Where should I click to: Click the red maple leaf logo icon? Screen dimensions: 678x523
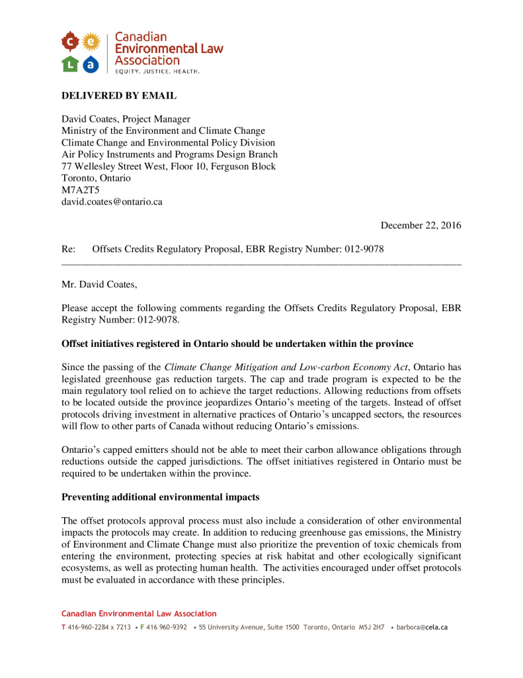tap(69, 42)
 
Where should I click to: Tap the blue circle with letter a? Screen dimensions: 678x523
tap(91, 64)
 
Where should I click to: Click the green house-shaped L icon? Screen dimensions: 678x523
tap(69, 64)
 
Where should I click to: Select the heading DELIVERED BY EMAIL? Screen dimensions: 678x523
tap(119, 96)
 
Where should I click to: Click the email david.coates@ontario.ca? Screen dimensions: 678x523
tap(112, 202)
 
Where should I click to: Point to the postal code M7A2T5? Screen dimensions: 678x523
tap(81, 190)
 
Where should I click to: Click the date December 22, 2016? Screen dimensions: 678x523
tap(421, 226)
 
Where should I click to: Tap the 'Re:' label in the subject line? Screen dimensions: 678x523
tap(68, 250)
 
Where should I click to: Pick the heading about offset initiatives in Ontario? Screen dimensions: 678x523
tap(237, 344)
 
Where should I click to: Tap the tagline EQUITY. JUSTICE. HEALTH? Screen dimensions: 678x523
tap(157, 71)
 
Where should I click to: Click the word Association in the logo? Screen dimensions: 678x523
tap(147, 60)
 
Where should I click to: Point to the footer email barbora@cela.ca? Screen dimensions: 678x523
tap(422, 627)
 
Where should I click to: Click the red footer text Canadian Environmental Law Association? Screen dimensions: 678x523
tap(139, 614)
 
